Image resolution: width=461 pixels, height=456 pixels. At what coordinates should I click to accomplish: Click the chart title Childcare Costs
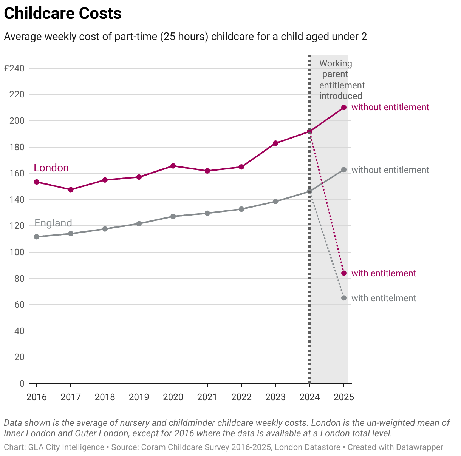[63, 14]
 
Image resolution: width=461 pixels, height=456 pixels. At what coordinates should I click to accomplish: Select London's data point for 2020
[173, 166]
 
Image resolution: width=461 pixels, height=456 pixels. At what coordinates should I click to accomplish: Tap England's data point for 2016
[37, 237]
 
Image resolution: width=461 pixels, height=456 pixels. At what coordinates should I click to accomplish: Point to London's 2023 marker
[275, 143]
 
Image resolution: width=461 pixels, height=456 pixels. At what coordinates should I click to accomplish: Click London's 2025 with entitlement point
[344, 273]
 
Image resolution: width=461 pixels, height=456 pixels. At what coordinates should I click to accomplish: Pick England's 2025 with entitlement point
[344, 298]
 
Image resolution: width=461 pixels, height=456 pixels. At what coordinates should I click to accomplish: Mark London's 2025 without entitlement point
[344, 108]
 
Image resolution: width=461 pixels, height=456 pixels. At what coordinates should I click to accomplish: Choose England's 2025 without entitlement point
[344, 169]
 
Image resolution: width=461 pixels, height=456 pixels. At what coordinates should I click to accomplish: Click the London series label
[51, 168]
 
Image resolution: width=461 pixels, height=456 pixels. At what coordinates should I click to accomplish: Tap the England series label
[53, 223]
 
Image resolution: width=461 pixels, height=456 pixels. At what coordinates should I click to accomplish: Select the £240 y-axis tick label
[14, 68]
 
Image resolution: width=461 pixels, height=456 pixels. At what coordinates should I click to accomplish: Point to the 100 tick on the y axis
[17, 252]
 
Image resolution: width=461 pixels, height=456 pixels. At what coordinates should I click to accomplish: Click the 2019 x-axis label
[139, 397]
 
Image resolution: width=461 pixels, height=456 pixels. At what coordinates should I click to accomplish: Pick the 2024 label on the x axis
[309, 397]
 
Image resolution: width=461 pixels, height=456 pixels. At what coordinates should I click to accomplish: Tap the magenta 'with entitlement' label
[384, 273]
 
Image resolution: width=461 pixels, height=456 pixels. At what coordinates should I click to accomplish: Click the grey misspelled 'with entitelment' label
[384, 298]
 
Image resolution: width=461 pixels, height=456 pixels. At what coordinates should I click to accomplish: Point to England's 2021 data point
[207, 213]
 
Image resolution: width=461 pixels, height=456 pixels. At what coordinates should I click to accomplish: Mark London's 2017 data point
[71, 189]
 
